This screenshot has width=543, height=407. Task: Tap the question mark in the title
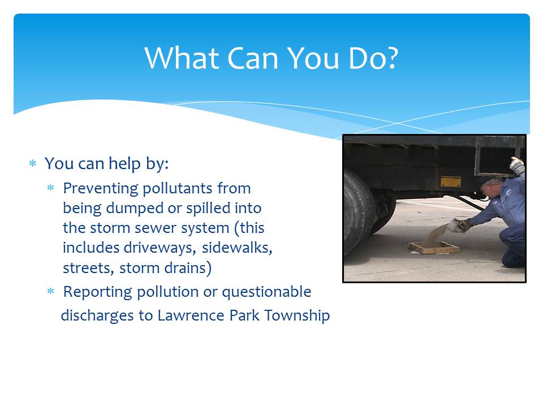point(391,58)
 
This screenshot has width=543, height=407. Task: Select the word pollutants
point(177,189)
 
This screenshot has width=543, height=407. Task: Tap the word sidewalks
point(237,248)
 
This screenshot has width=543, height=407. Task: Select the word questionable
point(266,292)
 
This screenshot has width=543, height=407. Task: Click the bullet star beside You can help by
point(33,163)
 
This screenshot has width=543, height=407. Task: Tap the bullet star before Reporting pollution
point(50,291)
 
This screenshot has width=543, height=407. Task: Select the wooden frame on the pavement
point(434,248)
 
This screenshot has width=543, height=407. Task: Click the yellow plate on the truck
point(451,181)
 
